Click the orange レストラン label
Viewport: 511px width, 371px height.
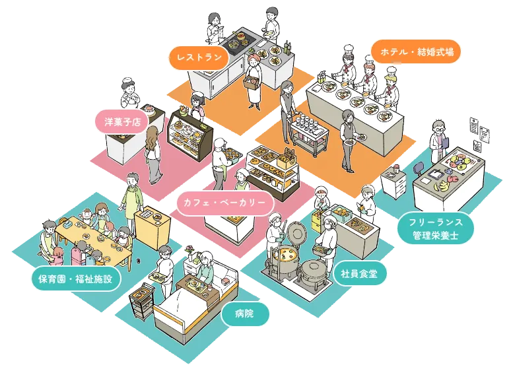198,57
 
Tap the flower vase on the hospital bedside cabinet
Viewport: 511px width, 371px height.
191,253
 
